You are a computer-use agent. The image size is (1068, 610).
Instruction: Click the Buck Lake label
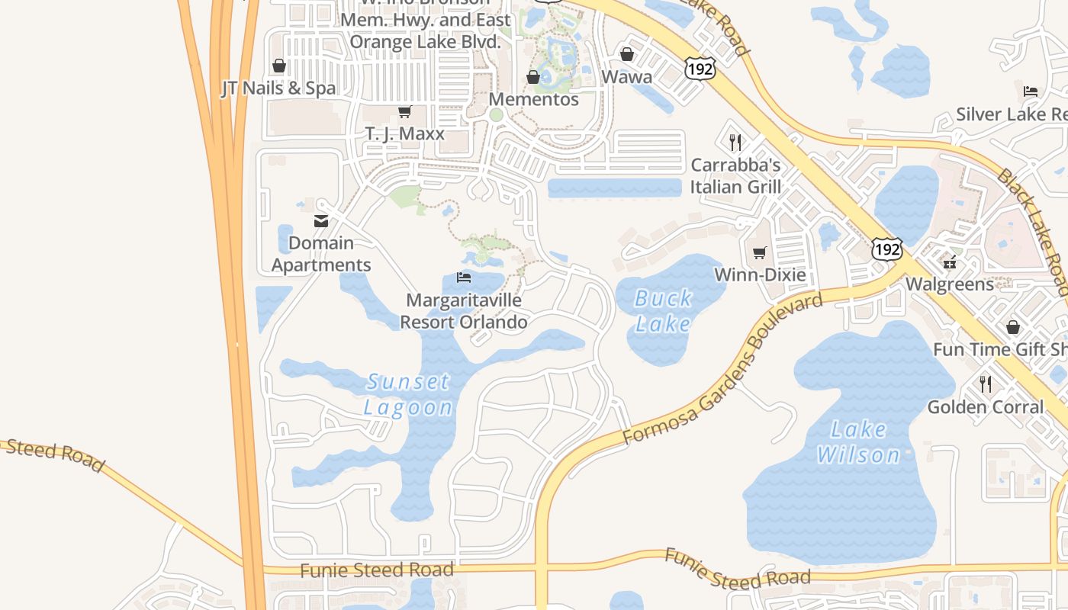pyautogui.click(x=663, y=310)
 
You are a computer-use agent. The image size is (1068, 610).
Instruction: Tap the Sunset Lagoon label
pyautogui.click(x=408, y=393)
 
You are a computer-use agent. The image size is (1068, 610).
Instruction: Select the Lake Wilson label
pyautogui.click(x=859, y=442)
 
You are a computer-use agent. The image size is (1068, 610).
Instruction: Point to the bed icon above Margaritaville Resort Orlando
pyautogui.click(x=463, y=277)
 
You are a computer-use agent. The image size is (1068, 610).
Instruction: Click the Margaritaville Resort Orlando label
pyautogui.click(x=464, y=311)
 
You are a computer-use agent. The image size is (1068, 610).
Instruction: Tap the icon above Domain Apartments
pyautogui.click(x=321, y=221)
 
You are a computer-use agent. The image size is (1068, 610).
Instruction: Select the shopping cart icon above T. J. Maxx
pyautogui.click(x=404, y=112)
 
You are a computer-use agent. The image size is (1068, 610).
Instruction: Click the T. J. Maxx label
pyautogui.click(x=404, y=134)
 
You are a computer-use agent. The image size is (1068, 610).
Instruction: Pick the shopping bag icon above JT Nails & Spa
pyautogui.click(x=279, y=66)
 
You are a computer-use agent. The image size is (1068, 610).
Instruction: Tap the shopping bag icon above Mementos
pyautogui.click(x=533, y=77)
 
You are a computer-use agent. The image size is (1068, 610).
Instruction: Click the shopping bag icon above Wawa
pyautogui.click(x=627, y=54)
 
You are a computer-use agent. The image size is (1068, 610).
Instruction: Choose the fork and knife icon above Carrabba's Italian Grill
pyautogui.click(x=735, y=142)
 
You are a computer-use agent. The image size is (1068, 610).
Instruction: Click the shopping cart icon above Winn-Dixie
pyautogui.click(x=759, y=252)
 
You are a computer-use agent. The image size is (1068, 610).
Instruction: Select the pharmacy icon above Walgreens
pyautogui.click(x=950, y=263)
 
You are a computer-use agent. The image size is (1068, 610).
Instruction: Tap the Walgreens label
pyautogui.click(x=950, y=284)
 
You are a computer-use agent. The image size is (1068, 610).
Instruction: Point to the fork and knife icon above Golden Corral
pyautogui.click(x=986, y=384)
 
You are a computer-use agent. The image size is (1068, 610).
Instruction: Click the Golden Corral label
pyautogui.click(x=986, y=407)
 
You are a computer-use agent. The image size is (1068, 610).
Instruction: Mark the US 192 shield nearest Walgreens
pyautogui.click(x=887, y=249)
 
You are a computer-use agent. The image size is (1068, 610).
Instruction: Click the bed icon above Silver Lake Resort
pyautogui.click(x=1031, y=91)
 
